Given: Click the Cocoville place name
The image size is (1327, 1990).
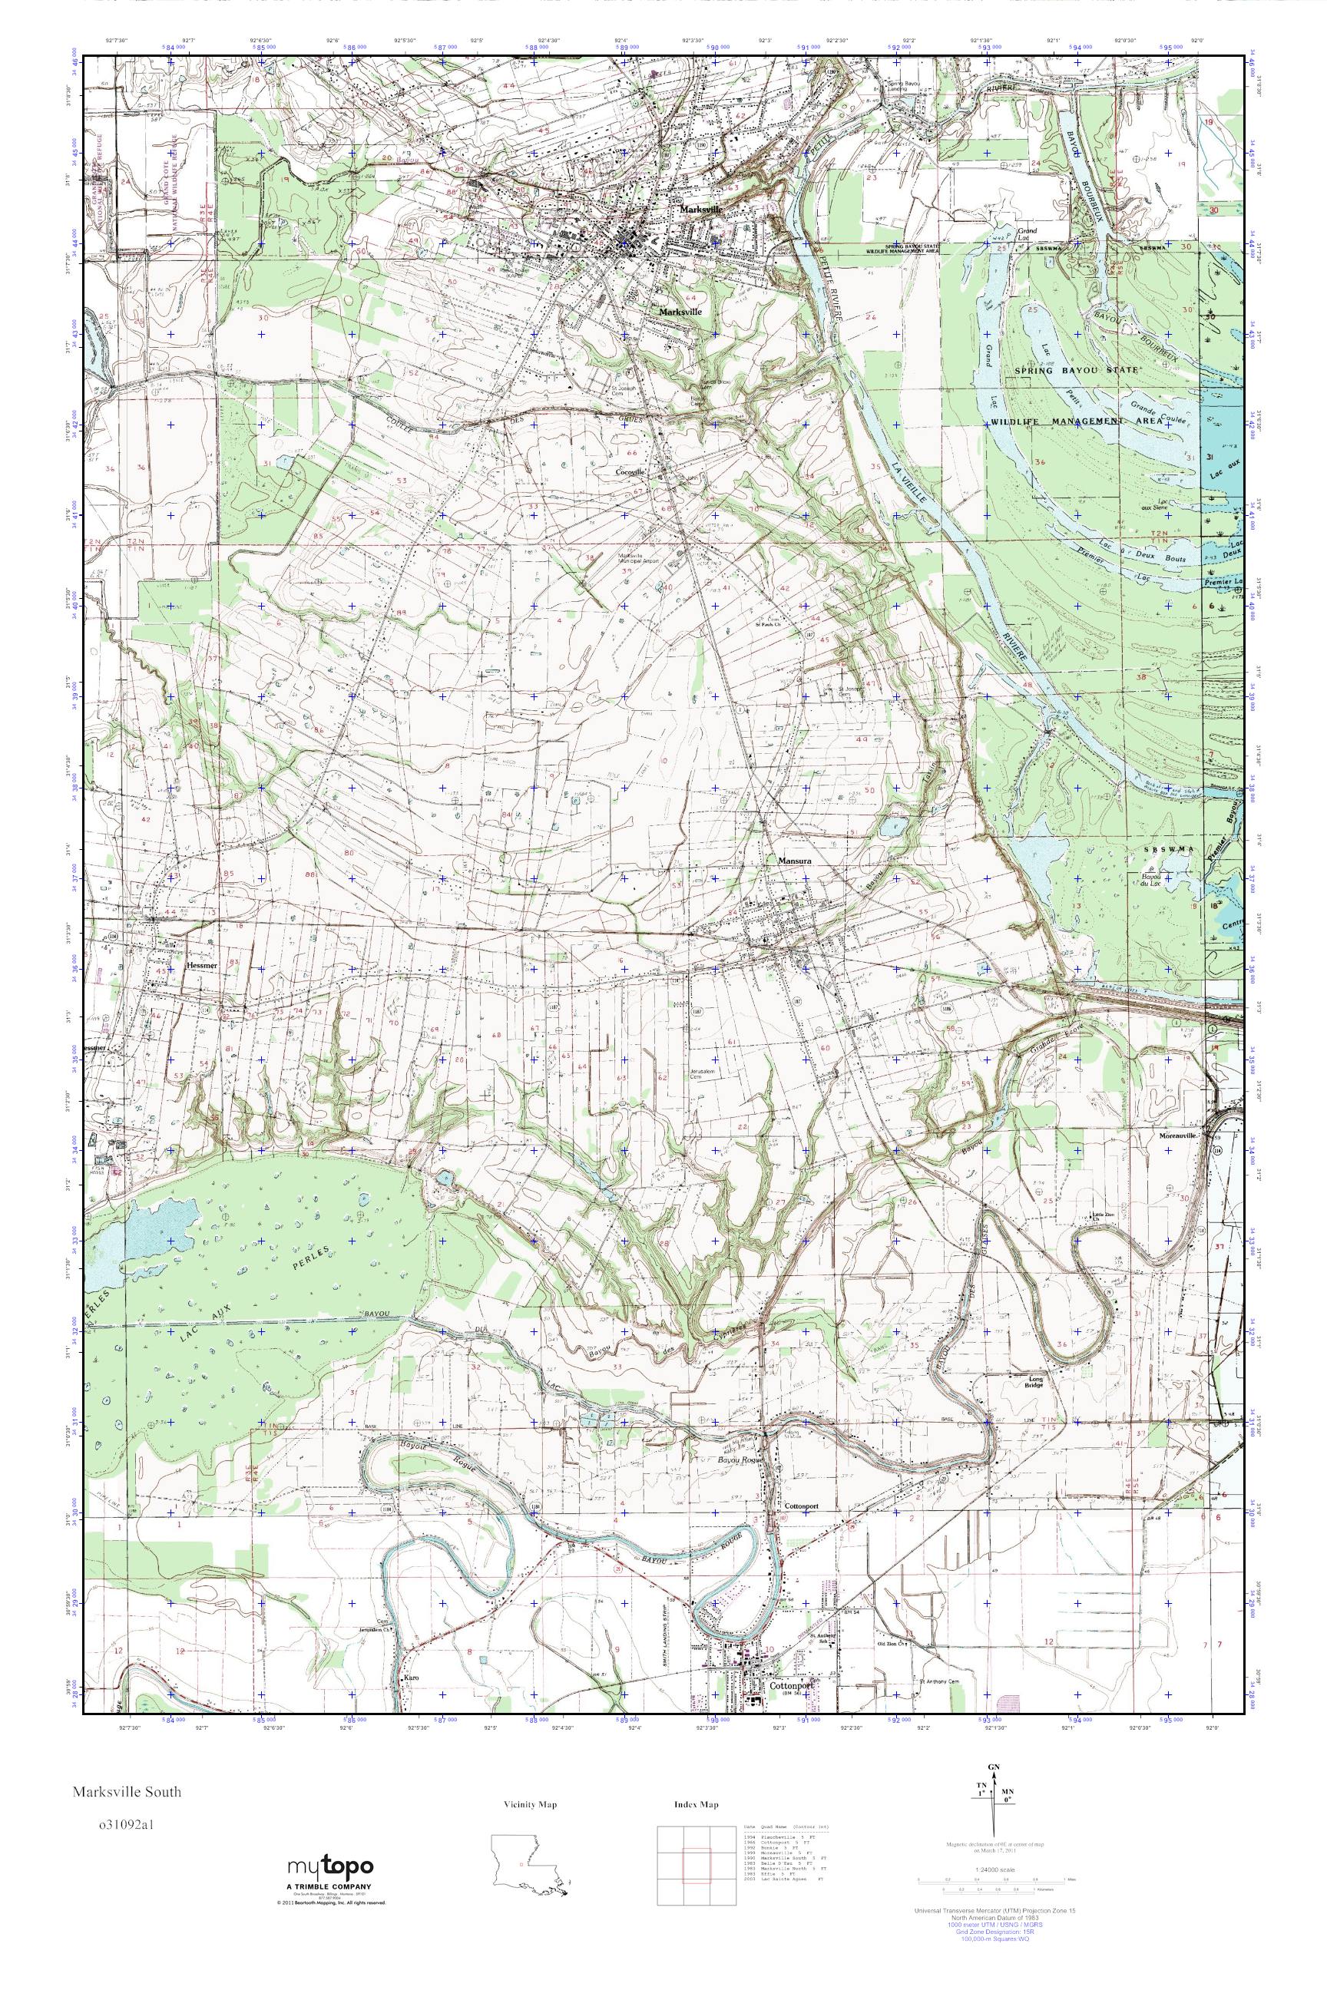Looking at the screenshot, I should (x=631, y=471).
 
